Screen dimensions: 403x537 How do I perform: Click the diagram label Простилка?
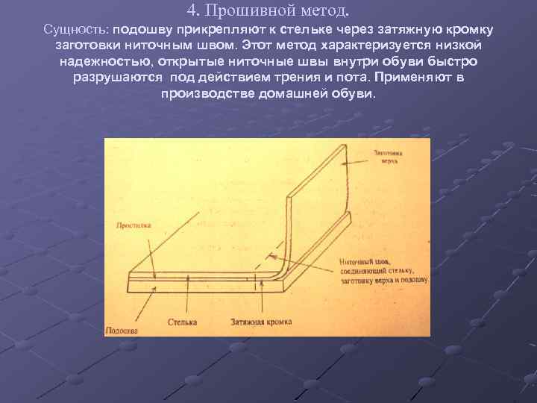136,224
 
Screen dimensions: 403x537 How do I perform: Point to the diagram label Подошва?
121,329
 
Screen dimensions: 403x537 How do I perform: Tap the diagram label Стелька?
182,322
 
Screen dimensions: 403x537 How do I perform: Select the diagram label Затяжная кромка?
261,322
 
